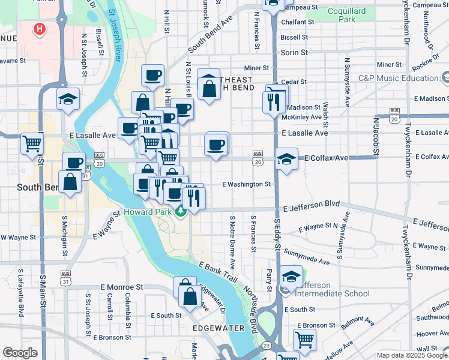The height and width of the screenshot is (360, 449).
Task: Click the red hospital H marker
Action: (40, 28)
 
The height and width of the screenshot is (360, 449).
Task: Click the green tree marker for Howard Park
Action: (181, 212)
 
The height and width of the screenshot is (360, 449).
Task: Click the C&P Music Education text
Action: (399, 78)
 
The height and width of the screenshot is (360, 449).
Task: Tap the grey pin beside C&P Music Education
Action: (445, 77)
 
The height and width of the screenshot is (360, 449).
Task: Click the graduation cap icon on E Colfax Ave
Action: (286, 159)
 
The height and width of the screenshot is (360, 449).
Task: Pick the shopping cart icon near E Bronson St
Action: (305, 340)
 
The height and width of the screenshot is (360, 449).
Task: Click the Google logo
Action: (20, 353)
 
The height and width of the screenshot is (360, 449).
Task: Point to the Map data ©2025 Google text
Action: (412, 355)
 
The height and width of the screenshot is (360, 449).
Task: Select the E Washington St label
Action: (247, 184)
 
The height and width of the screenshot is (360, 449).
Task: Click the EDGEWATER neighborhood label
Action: (218, 328)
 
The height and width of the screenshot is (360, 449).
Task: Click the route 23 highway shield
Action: (266, 345)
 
